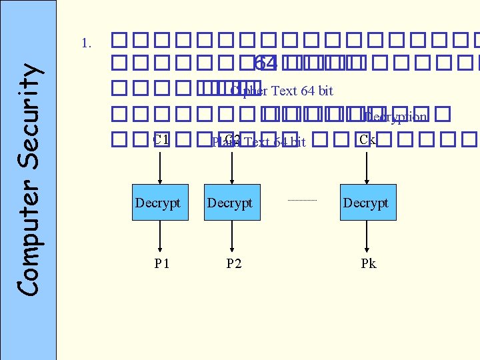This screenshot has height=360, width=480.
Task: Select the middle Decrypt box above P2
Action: coord(231,202)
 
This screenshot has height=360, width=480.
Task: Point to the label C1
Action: coord(161,140)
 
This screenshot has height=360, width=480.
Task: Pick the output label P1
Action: coord(161,263)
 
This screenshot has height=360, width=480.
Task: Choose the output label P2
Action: coord(233,263)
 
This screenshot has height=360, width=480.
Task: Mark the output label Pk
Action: coord(369,263)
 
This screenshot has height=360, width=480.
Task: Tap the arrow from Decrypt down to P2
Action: coord(231,235)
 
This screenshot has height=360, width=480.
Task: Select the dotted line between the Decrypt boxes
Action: coord(303,200)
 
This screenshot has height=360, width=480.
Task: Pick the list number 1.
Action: coord(85,44)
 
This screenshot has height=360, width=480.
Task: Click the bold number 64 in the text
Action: coord(265,63)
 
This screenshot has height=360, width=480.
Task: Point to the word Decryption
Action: coord(396,117)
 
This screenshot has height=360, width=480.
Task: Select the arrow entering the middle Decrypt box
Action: coord(231,167)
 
